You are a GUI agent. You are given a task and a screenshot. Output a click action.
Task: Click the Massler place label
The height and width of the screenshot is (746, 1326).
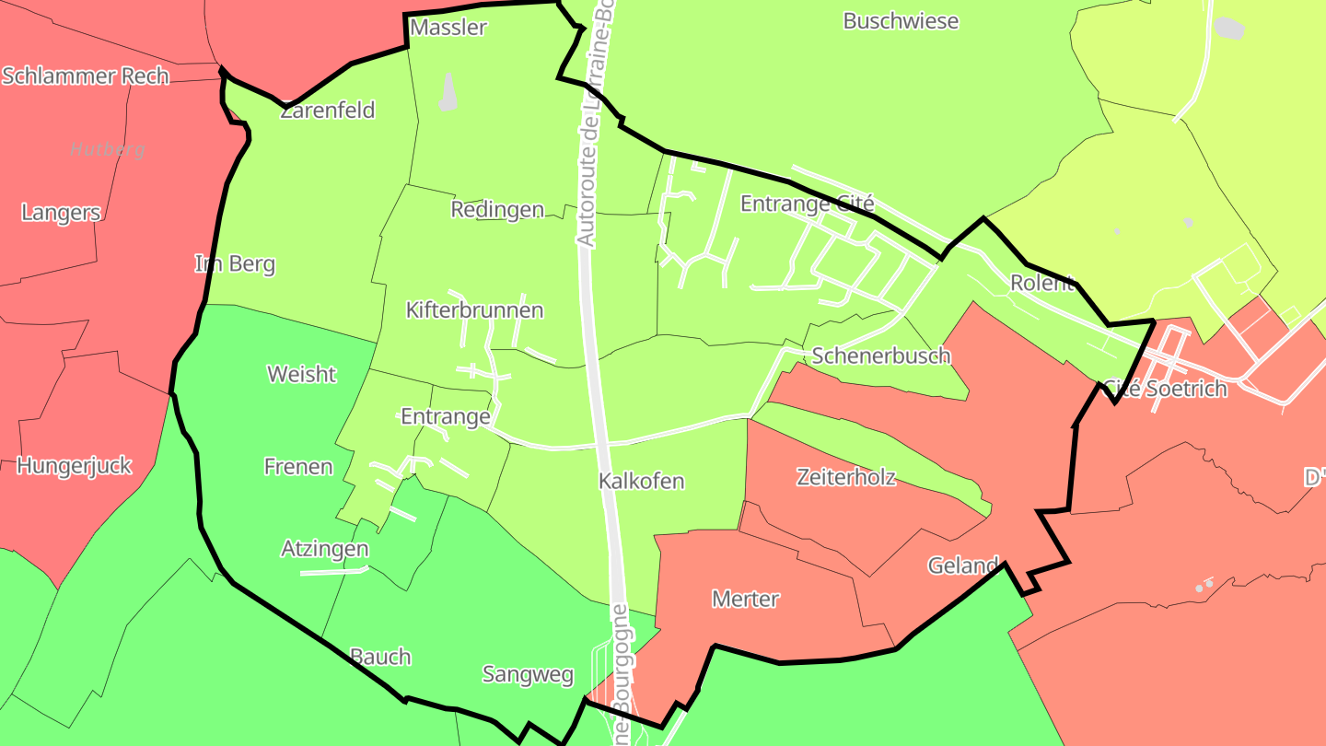(448, 28)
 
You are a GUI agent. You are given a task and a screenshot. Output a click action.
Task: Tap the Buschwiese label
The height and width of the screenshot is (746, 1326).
(901, 21)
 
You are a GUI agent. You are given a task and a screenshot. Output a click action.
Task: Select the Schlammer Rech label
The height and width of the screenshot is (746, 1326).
(86, 76)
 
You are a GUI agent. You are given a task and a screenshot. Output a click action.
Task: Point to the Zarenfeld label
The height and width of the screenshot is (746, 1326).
(328, 111)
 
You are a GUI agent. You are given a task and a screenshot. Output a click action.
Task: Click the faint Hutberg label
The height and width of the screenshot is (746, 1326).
(108, 149)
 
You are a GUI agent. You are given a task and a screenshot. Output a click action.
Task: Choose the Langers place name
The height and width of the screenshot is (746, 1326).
(61, 213)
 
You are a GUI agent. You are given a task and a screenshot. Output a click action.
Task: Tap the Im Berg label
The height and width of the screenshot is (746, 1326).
(235, 264)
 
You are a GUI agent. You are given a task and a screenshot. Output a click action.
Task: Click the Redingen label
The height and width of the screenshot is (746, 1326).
(497, 210)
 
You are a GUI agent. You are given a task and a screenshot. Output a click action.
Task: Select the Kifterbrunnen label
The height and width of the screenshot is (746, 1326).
(474, 310)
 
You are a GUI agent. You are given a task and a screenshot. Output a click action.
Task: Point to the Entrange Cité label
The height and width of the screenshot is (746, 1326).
(807, 204)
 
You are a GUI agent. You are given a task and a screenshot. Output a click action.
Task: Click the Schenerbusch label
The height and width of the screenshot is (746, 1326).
(881, 356)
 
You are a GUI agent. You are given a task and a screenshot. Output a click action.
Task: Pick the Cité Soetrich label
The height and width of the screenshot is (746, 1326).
(1165, 389)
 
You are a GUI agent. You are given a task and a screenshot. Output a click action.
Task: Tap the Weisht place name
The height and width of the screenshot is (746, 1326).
(301, 375)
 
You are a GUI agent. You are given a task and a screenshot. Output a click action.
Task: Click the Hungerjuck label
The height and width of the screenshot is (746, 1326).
(74, 466)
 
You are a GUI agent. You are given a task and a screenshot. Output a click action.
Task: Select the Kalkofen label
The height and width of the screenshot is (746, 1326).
(641, 482)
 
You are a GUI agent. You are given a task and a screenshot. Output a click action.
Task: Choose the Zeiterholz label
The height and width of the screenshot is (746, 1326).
(845, 477)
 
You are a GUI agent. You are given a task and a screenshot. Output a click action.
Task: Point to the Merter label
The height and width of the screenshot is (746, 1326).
(746, 600)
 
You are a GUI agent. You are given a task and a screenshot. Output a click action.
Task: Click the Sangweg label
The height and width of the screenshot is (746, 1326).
(528, 675)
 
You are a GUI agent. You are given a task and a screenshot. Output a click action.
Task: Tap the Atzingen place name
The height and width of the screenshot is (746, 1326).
(325, 550)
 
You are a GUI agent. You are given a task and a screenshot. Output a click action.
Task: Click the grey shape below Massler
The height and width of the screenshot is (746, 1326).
(448, 93)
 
